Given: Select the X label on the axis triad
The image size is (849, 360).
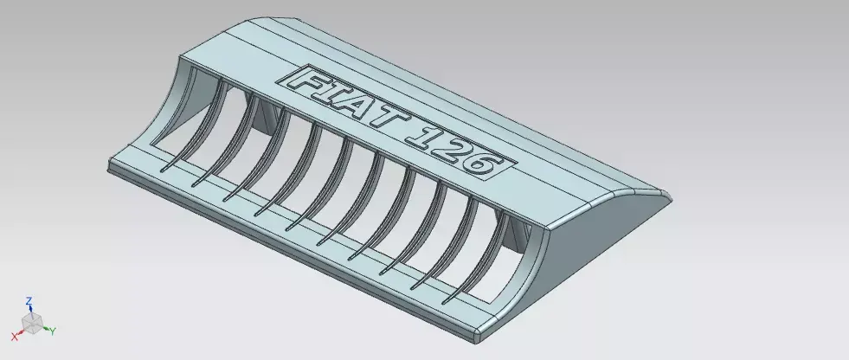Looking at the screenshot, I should (14, 335).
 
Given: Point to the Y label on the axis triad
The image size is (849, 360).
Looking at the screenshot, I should (53, 331).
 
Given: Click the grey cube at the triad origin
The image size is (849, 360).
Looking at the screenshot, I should (32, 324).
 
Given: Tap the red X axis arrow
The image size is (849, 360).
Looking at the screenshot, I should (21, 331).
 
